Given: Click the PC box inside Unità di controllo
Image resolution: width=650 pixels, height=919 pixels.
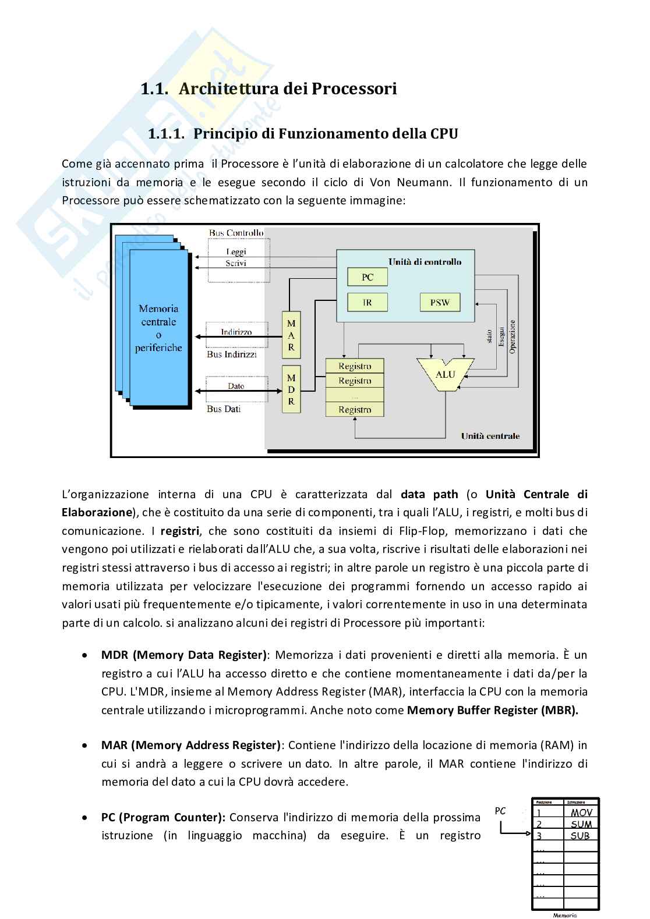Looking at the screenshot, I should (x=368, y=277).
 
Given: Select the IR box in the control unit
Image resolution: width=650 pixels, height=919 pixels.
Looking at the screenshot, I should (x=368, y=303).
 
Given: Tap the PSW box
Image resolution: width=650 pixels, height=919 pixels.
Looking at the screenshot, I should (x=440, y=303).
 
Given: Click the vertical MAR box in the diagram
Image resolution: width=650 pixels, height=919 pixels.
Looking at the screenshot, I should (x=291, y=335).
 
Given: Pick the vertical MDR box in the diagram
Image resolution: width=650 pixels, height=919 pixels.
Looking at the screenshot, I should (x=291, y=389).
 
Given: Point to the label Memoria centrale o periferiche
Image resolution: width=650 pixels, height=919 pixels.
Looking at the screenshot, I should (x=158, y=328).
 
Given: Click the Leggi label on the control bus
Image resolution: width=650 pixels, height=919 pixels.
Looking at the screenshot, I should (x=236, y=252).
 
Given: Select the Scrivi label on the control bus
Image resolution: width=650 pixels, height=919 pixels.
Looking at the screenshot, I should (x=236, y=263).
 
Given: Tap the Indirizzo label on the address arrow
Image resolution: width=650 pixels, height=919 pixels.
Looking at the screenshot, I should (x=236, y=332).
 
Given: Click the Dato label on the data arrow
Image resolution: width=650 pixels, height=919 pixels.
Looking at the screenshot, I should (x=236, y=386).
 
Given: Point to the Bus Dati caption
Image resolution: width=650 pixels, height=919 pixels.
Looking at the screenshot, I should (x=224, y=409).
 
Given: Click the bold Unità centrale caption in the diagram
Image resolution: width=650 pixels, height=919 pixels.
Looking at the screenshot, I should (x=490, y=436).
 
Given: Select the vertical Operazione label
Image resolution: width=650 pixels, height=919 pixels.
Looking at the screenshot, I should (x=513, y=336).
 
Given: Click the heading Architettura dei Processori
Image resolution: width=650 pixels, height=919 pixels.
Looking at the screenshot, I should (x=288, y=89).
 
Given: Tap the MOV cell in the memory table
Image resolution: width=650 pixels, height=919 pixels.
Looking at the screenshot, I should (x=581, y=813).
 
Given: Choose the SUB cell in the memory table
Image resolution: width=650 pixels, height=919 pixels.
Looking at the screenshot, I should (x=581, y=836).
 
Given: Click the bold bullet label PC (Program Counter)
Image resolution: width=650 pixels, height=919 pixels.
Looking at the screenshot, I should (x=163, y=817).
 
